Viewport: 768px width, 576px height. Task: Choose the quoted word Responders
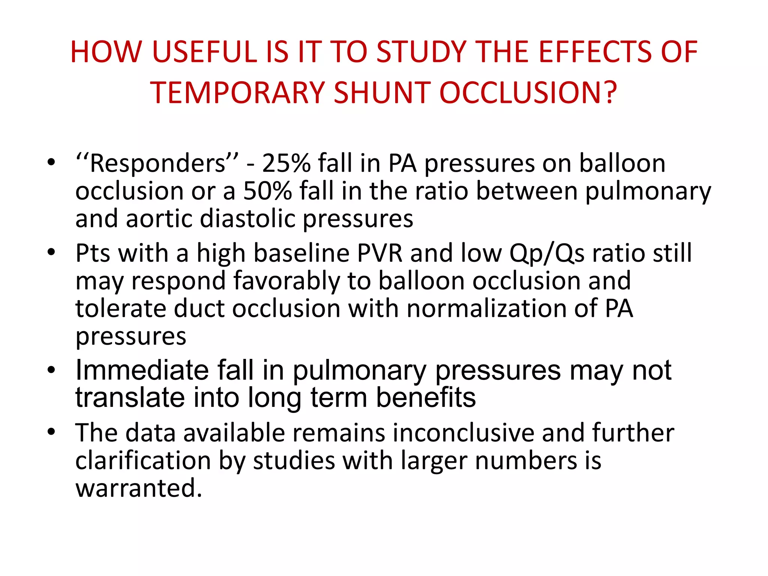157,163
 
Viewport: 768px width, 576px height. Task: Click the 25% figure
286,163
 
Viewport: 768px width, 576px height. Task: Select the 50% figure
267,191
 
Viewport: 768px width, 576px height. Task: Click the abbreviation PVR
379,253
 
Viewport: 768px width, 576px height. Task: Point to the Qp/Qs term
547,253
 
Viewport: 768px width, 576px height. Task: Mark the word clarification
143,460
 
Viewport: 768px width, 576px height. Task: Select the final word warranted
139,488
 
